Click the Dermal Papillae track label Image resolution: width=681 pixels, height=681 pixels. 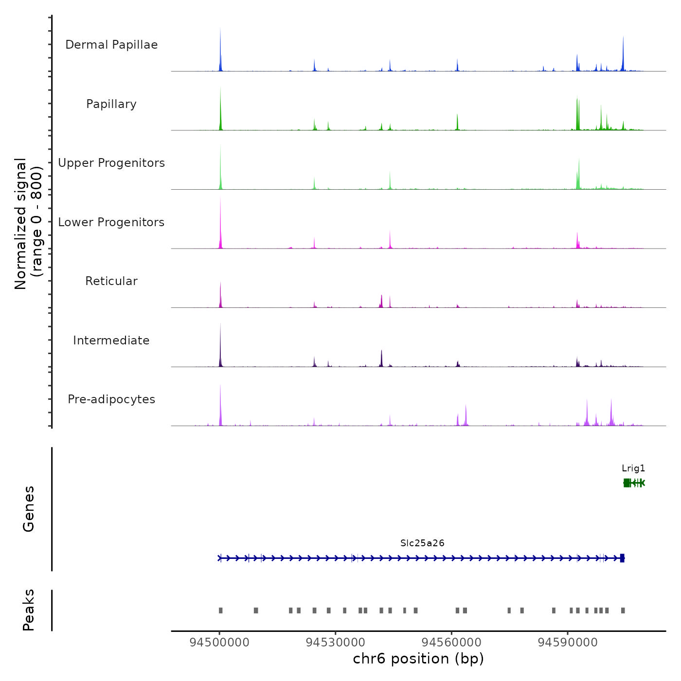tap(111, 45)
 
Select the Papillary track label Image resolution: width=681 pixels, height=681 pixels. tap(111, 104)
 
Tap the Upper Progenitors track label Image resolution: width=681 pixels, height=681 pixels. tap(111, 163)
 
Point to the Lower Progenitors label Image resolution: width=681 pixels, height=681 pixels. tap(111, 222)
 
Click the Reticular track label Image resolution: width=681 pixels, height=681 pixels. tap(111, 281)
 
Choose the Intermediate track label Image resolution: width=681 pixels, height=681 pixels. tap(111, 340)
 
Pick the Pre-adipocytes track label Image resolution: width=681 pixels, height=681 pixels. tap(111, 399)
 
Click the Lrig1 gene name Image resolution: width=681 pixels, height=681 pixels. tap(633, 468)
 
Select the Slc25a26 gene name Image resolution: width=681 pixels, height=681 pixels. tap(422, 543)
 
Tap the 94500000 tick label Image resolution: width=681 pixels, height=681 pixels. tap(219, 643)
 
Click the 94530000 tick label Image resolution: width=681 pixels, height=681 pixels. tap(335, 643)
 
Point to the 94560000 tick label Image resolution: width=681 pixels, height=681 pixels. tap(451, 643)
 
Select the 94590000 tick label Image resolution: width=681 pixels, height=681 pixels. tap(567, 643)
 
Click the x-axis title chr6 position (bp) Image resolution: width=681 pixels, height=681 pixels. tap(418, 659)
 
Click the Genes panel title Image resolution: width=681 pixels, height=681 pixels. tap(29, 509)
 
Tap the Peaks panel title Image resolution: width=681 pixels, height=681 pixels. tap(29, 610)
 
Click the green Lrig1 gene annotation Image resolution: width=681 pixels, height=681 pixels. tap(633, 483)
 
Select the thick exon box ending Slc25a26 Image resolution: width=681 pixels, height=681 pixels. tap(622, 558)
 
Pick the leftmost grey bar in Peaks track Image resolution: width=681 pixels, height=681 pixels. tap(221, 610)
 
